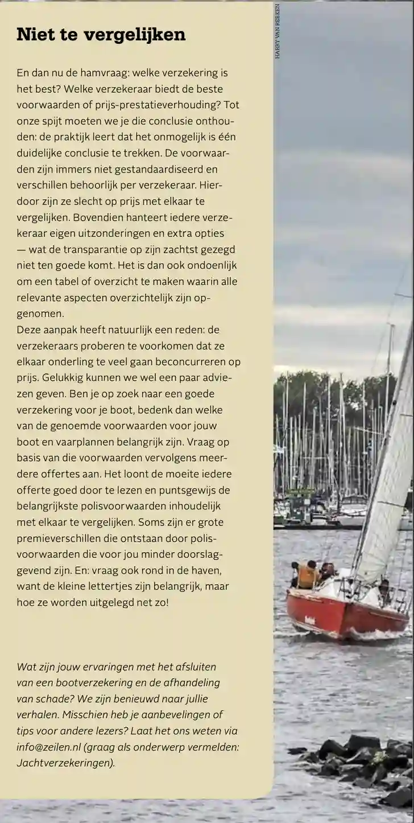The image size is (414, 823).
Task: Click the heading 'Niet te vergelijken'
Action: click(101, 35)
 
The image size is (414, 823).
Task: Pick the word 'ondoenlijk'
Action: click(208, 265)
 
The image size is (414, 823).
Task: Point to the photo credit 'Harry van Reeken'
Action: click(277, 31)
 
